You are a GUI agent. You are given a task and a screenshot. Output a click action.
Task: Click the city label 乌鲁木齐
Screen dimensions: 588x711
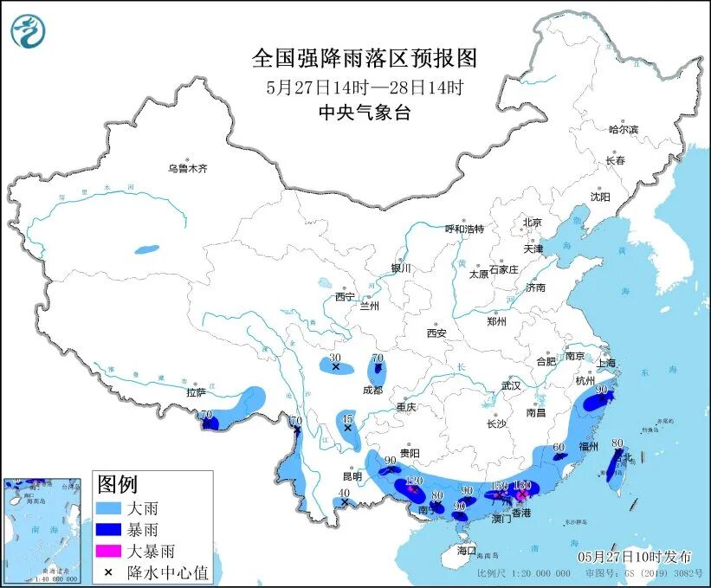click(188, 169)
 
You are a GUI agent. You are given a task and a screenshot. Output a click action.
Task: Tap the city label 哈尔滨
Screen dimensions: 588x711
click(623, 129)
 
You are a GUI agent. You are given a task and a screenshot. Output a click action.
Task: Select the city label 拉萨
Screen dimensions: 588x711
click(196, 392)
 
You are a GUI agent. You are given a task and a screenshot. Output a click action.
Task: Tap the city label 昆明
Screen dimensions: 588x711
click(352, 477)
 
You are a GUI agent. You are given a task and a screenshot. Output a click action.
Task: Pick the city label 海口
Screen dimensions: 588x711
click(467, 550)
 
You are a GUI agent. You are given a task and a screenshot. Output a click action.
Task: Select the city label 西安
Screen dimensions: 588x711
click(436, 333)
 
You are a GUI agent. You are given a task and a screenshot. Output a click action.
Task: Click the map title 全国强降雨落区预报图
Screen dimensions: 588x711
click(365, 58)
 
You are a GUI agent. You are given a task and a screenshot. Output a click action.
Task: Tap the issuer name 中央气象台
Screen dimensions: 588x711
click(365, 113)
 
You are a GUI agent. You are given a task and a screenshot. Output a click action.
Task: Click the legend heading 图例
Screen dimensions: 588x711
click(117, 484)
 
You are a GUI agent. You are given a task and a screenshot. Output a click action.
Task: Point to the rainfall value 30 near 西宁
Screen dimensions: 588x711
click(336, 358)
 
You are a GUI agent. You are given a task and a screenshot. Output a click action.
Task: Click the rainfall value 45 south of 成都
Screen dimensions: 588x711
click(347, 417)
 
